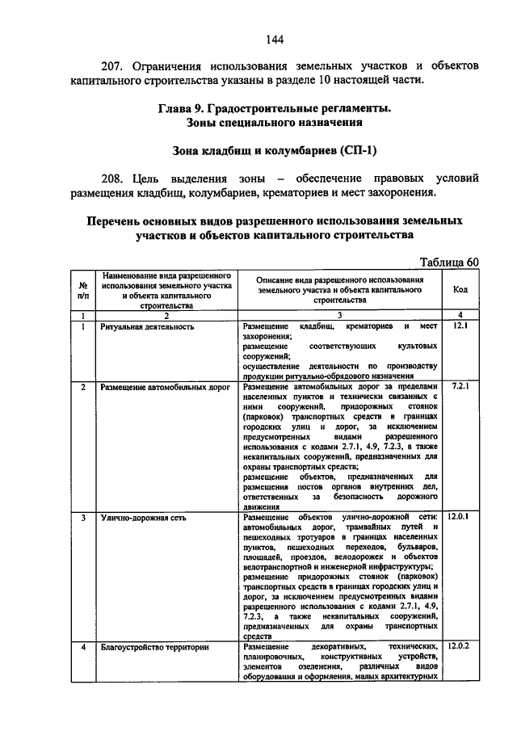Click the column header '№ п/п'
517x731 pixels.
82,291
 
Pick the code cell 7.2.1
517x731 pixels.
460,387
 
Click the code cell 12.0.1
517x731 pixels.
460,515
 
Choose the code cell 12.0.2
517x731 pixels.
460,646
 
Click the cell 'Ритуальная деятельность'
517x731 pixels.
147,326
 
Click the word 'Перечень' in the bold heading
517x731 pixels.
124,221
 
